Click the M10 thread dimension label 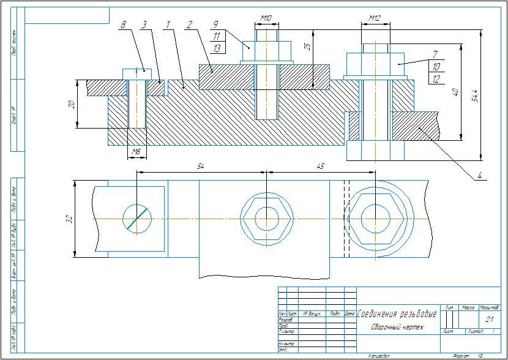pos(266,19)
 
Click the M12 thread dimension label pos(375,19)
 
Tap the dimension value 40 pos(454,92)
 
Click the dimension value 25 pos(308,47)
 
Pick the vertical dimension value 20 pos(72,104)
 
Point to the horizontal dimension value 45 pos(321,166)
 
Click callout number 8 pos(124,24)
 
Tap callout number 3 pos(144,24)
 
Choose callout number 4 pos(480,176)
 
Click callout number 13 pos(216,48)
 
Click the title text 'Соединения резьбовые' pos(397,315)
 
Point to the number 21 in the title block pos(489,320)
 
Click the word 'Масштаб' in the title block pos(489,307)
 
